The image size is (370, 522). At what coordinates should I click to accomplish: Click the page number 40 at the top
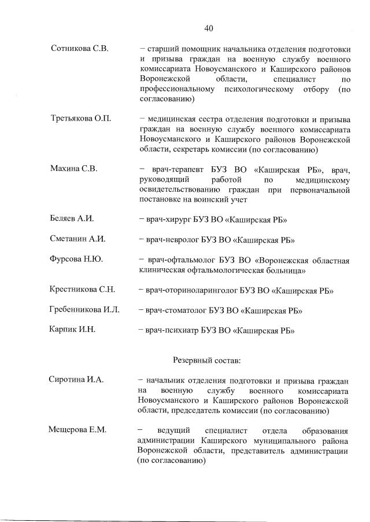pos(209,28)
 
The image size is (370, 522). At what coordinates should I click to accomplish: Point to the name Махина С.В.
pos(74,169)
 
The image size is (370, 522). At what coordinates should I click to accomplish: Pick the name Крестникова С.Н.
pos(83,290)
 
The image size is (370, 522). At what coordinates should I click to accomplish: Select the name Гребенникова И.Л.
pos(84,310)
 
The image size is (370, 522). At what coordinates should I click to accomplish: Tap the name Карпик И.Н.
pos(72,330)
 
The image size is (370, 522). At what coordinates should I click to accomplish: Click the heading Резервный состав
pos(208,360)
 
